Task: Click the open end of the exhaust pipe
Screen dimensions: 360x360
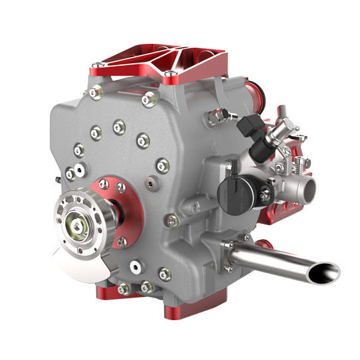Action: click(x=325, y=272)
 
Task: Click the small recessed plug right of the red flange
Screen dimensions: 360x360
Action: click(x=152, y=179)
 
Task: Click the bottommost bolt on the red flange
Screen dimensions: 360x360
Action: click(x=122, y=241)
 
